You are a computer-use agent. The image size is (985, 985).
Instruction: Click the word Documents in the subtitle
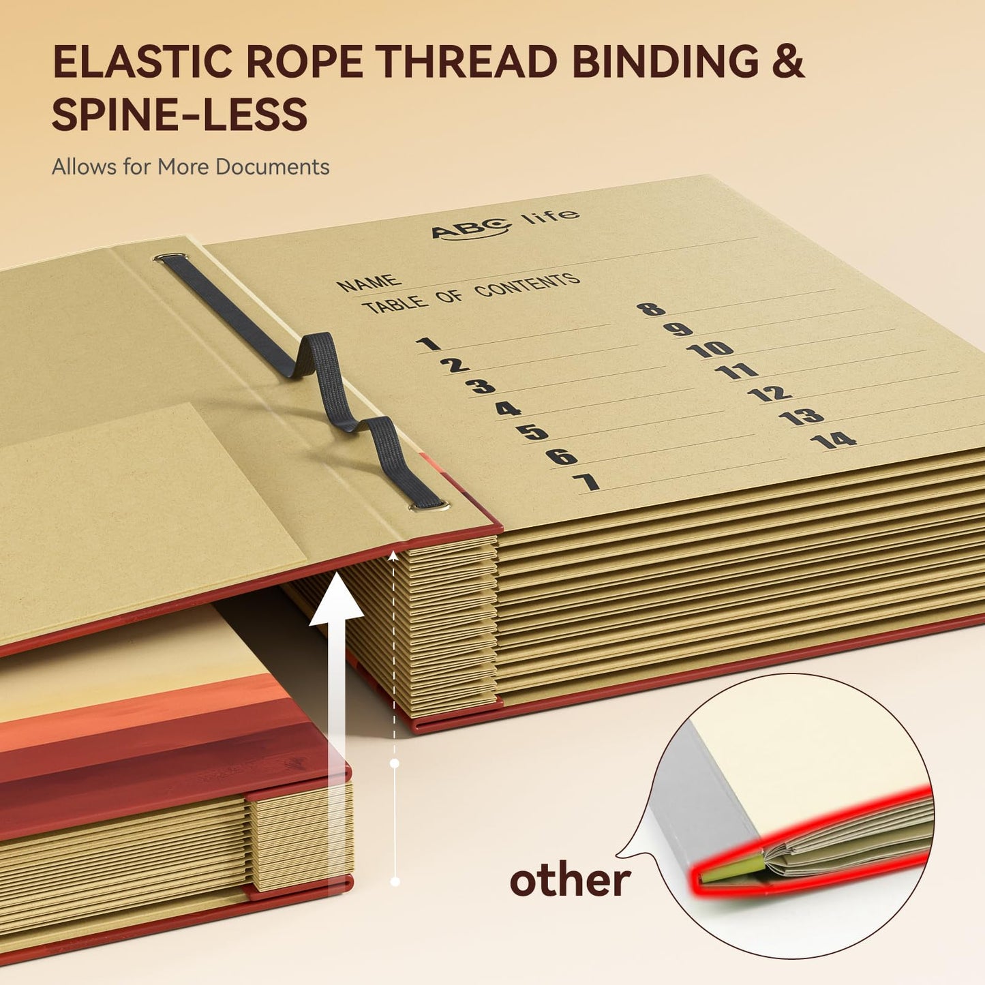[x=272, y=167]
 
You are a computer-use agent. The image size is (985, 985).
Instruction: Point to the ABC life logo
[x=505, y=224]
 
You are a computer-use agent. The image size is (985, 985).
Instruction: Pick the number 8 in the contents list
[x=651, y=309]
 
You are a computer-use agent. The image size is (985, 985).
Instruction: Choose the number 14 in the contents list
[x=833, y=440]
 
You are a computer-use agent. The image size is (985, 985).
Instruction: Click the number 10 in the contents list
[x=710, y=349]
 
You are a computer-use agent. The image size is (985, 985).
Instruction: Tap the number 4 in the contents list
[x=508, y=409]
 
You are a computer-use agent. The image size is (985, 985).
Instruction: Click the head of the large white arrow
[x=336, y=598]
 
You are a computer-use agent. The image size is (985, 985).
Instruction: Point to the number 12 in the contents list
[x=770, y=393]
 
